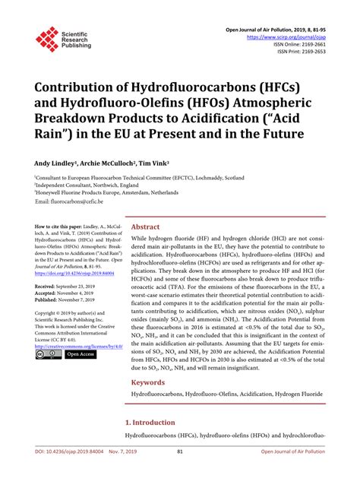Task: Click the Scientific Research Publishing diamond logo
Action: tap(47, 40)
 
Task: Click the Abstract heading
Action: tap(145, 227)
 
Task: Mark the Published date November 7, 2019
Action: tap(84, 299)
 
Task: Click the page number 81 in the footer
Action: tap(180, 473)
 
